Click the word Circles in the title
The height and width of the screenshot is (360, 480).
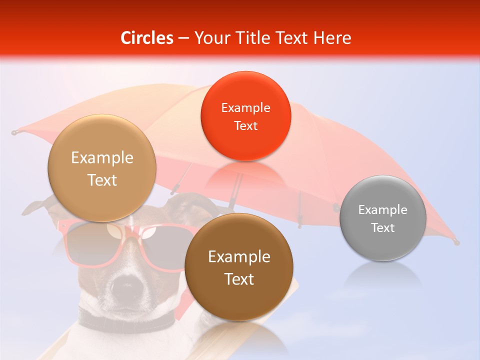tap(146, 38)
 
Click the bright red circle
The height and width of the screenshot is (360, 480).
tap(245, 116)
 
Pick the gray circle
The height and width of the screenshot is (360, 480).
tap(382, 218)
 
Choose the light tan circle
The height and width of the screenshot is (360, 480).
tap(102, 168)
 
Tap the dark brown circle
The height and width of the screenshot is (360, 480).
tap(239, 267)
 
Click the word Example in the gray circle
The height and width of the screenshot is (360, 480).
tap(382, 210)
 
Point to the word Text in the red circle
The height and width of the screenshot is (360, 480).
tap(245, 125)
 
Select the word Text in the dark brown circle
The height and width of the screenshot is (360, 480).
tap(239, 279)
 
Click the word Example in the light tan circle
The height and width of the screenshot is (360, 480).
tap(102, 158)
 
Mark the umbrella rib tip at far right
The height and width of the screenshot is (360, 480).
tap(455, 242)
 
